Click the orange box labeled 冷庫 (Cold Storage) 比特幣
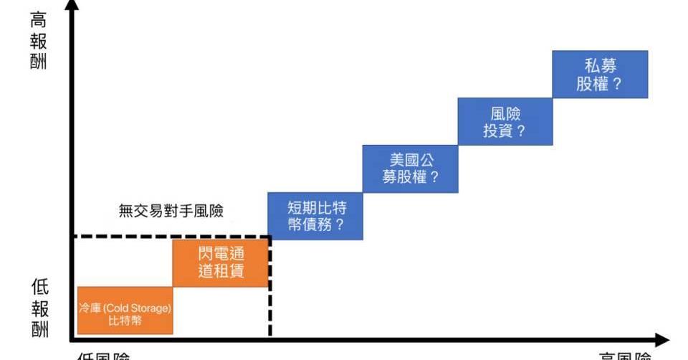[x=125, y=311]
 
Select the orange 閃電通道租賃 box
[x=221, y=262]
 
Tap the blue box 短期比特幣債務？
[x=315, y=216]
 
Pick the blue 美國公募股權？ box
[x=410, y=169]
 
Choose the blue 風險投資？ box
[x=505, y=122]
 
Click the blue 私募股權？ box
[x=600, y=75]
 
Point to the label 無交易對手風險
[x=171, y=211]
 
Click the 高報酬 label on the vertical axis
[x=39, y=40]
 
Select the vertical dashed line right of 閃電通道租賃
[x=269, y=301]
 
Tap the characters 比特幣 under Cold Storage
[x=125, y=321]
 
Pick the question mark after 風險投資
[x=521, y=131]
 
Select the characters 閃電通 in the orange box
[x=221, y=255]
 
